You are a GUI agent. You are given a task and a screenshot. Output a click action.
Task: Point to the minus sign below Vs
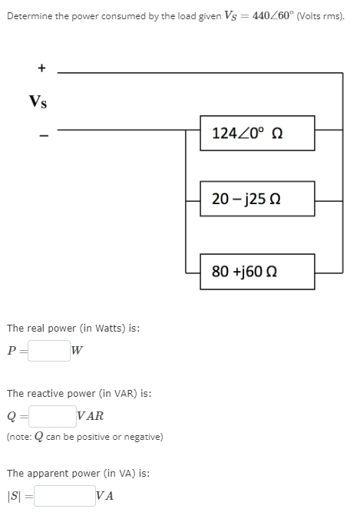click(x=42, y=137)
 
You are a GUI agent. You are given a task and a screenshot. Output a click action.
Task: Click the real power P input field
click(x=49, y=351)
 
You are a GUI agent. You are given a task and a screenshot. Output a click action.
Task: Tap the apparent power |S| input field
click(x=64, y=495)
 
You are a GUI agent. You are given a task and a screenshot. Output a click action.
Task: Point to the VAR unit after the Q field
click(x=91, y=417)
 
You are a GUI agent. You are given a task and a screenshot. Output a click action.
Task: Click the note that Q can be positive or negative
click(x=84, y=437)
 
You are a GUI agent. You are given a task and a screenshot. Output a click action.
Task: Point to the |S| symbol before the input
click(x=15, y=496)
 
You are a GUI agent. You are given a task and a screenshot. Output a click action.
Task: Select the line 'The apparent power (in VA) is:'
click(x=78, y=473)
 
